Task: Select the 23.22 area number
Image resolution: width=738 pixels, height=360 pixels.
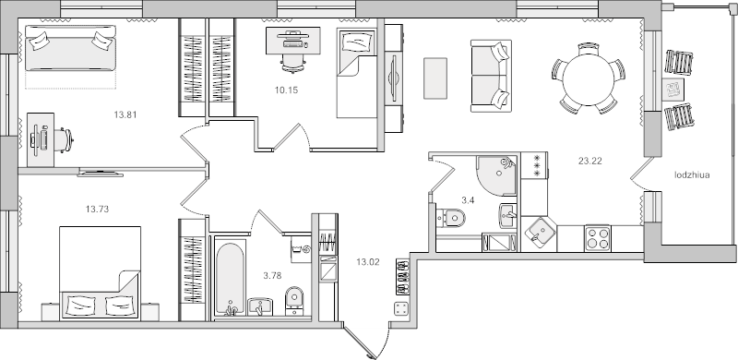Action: [x=590, y=162]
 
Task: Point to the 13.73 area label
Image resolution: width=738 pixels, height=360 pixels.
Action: [x=97, y=210]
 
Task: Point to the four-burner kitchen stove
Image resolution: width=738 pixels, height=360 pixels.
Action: [x=597, y=237]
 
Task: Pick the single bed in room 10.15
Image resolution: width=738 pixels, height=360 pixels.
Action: [x=355, y=72]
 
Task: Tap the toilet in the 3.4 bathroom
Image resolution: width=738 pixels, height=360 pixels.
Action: [x=453, y=219]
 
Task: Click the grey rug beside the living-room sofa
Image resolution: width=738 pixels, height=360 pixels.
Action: [x=435, y=77]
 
